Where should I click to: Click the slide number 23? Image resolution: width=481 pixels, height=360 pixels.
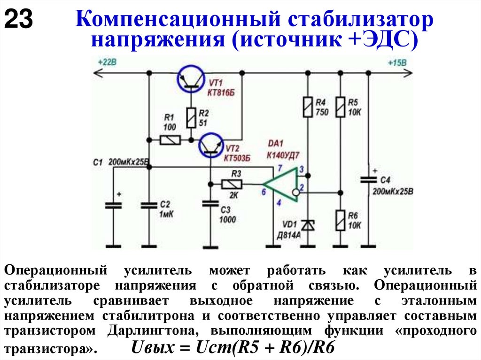(19, 20)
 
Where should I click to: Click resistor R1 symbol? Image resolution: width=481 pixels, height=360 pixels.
(170, 140)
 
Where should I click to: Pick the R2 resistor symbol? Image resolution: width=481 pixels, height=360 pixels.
(191, 117)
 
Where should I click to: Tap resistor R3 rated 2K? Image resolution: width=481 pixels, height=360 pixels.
(231, 184)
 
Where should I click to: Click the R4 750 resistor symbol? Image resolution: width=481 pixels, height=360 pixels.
(308, 107)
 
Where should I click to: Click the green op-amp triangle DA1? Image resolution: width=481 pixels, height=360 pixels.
(282, 184)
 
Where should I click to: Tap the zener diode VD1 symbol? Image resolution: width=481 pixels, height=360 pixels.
(308, 225)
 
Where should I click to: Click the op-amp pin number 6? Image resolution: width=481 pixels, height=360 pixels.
(264, 191)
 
